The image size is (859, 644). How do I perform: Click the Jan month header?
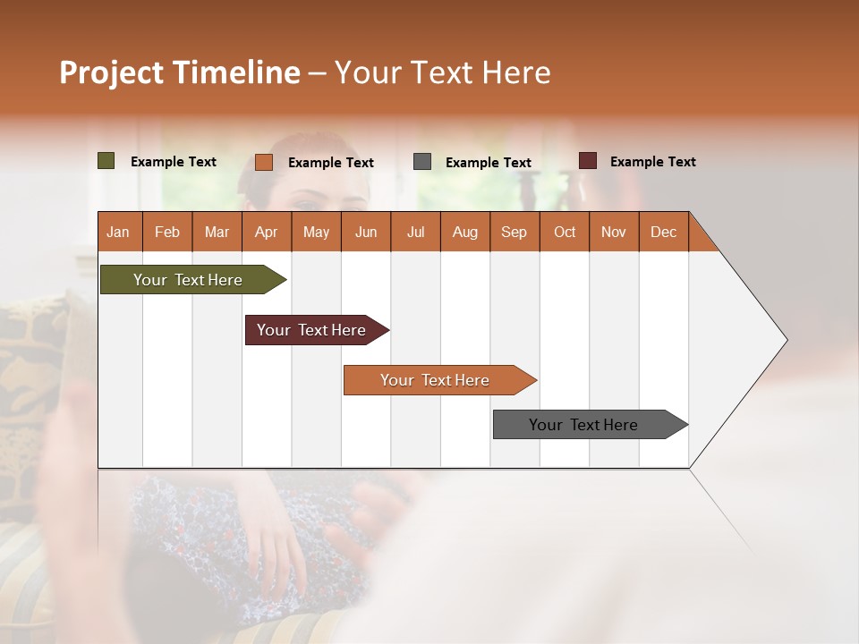tap(118, 232)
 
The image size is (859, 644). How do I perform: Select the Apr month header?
tap(266, 232)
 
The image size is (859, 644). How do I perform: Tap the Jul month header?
tap(415, 232)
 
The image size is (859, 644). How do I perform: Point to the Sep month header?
tap(514, 232)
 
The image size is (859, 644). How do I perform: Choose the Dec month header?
tap(663, 232)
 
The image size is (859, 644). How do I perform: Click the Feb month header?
tap(167, 232)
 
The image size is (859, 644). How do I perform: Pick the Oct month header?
tap(565, 232)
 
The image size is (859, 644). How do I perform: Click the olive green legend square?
tap(106, 161)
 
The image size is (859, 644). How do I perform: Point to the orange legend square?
tap(264, 162)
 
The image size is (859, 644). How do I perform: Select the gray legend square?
tap(422, 162)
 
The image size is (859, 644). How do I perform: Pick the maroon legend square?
tap(588, 161)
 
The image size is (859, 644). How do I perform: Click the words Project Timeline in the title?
tap(179, 72)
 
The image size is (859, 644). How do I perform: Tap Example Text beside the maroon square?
tap(652, 162)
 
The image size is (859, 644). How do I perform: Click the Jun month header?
tap(366, 232)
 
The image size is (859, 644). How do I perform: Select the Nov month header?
tap(614, 232)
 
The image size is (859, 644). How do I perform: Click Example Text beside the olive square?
tap(174, 162)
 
